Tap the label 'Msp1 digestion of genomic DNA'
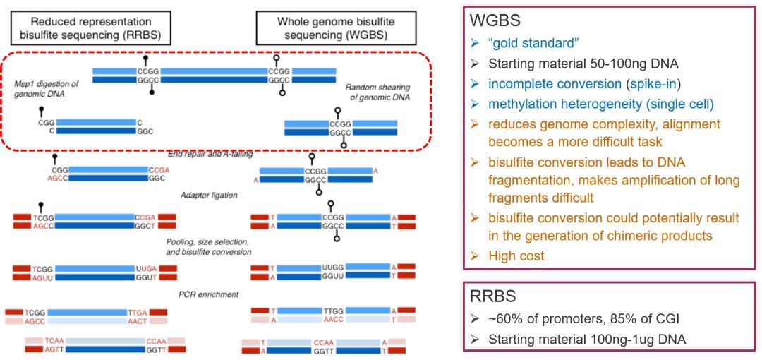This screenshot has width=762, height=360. coord(46,88)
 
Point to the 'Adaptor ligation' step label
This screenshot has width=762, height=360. coord(208,196)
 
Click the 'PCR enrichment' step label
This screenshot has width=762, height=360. coord(208,294)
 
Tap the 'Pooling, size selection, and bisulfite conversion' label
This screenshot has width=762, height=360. coord(208,247)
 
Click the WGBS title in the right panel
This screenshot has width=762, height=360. coord(495,20)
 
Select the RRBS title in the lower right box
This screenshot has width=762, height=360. coord(492,296)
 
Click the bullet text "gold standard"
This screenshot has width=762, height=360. coord(533,43)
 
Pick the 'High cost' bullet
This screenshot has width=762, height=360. coord(516,256)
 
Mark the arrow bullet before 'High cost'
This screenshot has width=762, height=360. coord(476,256)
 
